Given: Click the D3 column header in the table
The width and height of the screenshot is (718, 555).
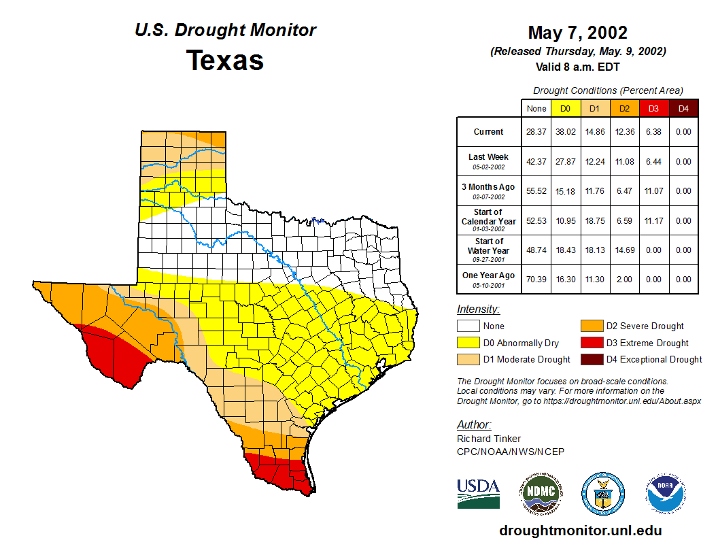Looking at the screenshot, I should (x=654, y=108).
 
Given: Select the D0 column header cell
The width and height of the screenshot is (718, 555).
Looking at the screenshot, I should (x=565, y=108).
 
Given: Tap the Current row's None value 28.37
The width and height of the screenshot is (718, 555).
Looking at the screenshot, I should (x=536, y=132).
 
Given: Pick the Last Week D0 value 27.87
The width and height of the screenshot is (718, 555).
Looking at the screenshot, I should (x=565, y=161).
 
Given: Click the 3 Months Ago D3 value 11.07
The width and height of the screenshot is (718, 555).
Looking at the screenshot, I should (x=654, y=191).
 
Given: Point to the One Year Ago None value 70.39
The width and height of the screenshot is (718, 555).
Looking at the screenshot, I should (x=536, y=279).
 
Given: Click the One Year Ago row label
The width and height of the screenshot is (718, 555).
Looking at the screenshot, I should (x=489, y=275).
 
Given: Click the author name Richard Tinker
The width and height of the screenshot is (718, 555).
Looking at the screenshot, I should (x=489, y=439).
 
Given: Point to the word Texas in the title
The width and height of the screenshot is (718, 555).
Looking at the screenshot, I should (x=225, y=60).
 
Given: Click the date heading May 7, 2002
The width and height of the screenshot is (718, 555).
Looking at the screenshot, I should (x=577, y=33).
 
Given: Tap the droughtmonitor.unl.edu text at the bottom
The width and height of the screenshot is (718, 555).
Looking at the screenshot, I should (x=580, y=531).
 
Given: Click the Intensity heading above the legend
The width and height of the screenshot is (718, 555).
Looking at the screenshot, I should (x=478, y=309).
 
